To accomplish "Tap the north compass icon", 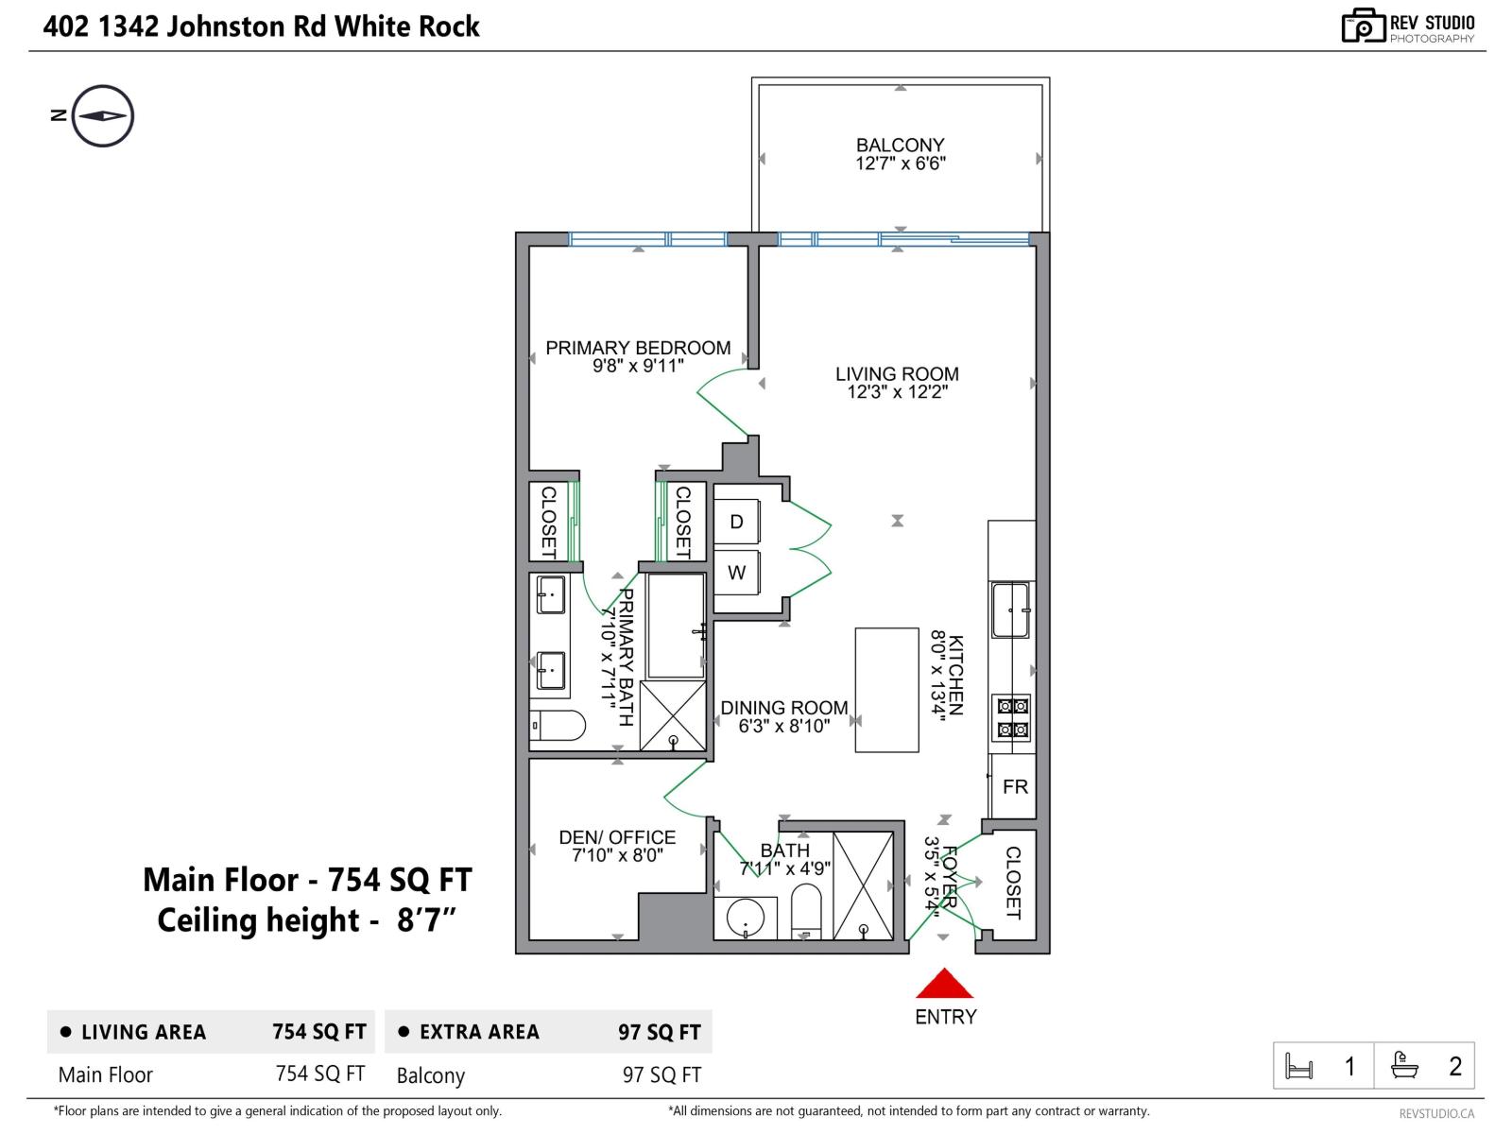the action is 103,115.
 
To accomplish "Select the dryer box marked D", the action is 736,522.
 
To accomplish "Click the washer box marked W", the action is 736,572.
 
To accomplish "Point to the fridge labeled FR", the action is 1013,786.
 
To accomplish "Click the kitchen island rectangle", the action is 886,690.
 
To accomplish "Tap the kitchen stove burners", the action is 1013,717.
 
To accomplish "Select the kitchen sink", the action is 1010,610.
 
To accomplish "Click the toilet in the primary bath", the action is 558,725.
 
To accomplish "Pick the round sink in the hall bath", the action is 746,918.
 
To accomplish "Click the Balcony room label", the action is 900,146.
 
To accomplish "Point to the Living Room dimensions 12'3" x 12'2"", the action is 897,392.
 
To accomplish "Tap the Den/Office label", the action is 617,837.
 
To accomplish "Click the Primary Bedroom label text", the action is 638,348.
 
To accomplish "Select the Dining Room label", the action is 784,708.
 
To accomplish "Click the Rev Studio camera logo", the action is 1363,26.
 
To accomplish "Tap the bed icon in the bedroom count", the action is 1299,1067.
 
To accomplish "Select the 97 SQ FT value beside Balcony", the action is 662,1074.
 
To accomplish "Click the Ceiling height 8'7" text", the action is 306,919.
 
